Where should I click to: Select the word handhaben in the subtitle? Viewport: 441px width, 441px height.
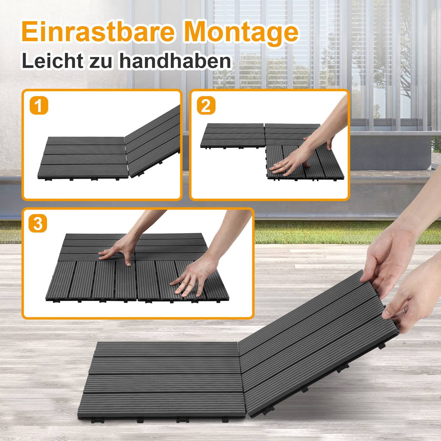[175, 61]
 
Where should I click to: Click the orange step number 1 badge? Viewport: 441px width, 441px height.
[39, 106]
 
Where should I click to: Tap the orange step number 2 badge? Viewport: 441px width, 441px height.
[206, 106]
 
